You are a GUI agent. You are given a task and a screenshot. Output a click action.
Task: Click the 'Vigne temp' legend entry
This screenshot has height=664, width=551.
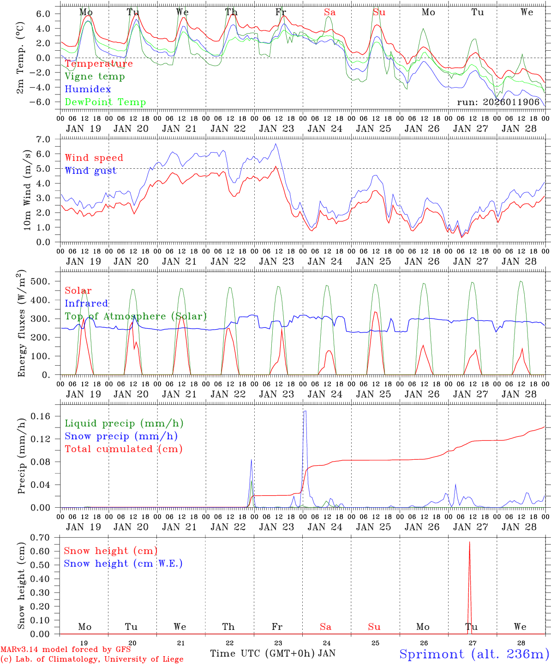(x=95, y=77)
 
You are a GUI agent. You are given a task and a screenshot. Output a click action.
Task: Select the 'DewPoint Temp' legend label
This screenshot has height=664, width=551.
(x=105, y=102)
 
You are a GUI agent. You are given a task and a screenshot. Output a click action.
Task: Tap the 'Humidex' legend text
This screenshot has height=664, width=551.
(x=88, y=89)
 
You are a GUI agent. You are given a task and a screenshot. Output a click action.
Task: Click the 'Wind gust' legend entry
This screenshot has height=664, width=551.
(x=90, y=171)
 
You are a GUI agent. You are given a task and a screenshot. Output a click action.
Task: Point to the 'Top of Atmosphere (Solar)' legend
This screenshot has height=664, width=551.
(x=136, y=316)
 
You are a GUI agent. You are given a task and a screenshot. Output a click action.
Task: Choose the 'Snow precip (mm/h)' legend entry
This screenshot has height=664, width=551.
(x=121, y=436)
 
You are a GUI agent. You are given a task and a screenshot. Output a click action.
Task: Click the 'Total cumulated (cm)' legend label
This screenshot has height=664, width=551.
(x=124, y=449)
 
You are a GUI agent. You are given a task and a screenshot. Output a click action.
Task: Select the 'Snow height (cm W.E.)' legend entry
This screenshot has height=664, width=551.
(x=123, y=563)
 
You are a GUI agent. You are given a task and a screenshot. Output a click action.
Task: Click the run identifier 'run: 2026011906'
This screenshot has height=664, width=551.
(x=498, y=102)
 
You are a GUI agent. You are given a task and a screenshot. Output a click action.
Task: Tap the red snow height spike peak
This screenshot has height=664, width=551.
(x=469, y=542)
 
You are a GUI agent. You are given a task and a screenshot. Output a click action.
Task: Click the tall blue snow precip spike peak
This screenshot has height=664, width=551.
(x=305, y=411)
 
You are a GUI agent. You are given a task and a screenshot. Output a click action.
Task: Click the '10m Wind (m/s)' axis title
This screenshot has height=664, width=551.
(x=27, y=189)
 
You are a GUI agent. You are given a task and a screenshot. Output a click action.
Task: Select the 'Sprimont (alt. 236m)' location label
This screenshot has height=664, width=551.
(x=474, y=654)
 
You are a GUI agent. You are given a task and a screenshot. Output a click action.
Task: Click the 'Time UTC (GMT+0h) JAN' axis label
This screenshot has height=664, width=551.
(x=273, y=653)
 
